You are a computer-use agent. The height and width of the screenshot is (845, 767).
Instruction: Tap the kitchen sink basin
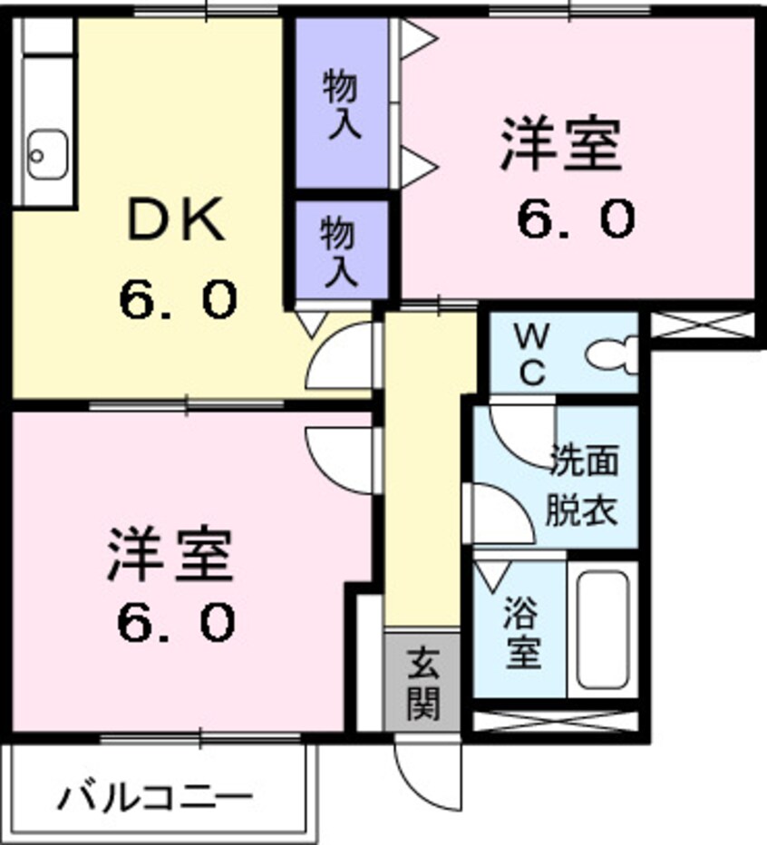tap(47, 153)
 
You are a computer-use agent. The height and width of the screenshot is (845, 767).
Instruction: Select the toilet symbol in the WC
tap(612, 354)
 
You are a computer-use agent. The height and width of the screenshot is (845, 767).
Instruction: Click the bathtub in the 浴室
tap(602, 629)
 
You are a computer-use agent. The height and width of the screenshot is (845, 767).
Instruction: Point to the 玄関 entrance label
tap(422, 684)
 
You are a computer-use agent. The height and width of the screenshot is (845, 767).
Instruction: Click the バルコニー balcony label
tap(155, 798)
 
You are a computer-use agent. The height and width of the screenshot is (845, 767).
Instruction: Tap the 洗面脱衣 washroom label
tap(580, 486)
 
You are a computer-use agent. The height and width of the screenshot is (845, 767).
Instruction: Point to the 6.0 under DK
tap(179, 299)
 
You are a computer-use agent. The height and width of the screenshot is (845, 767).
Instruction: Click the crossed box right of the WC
tap(702, 325)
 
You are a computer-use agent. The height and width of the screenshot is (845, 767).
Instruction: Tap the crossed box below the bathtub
tap(555, 722)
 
